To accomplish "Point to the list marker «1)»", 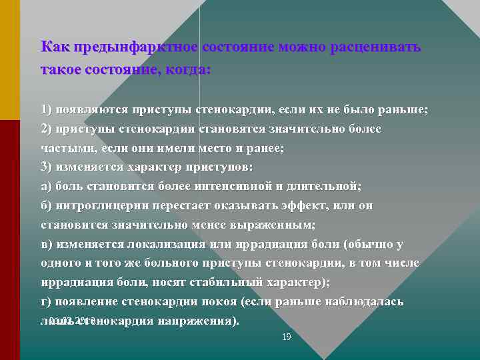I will (47, 109).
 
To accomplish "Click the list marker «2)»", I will (47, 129).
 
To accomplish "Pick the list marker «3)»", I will (47, 167).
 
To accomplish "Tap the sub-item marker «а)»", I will (47, 187).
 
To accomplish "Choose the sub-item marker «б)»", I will (47, 206).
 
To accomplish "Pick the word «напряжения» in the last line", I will (196, 321).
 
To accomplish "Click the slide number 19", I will (287, 337).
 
